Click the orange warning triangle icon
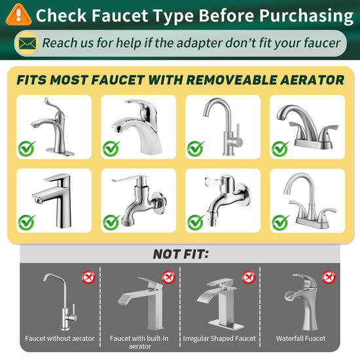tap(18, 15)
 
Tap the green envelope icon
tap(27, 44)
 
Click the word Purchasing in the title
tap(306, 16)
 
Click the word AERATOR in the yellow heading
tap(312, 80)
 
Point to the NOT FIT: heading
tap(181, 254)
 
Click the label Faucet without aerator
tap(60, 338)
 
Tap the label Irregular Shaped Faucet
tap(219, 338)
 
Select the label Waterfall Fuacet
tap(301, 338)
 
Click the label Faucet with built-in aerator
tap(139, 342)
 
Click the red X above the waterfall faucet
tap(329, 278)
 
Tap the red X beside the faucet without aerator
tap(88, 278)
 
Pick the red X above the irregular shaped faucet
tap(249, 278)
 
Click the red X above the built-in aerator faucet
tap(168, 278)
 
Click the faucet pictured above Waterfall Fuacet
tap(302, 302)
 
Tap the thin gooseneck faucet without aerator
tap(60, 302)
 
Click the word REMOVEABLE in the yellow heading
tap(232, 80)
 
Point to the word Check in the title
tap(61, 16)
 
